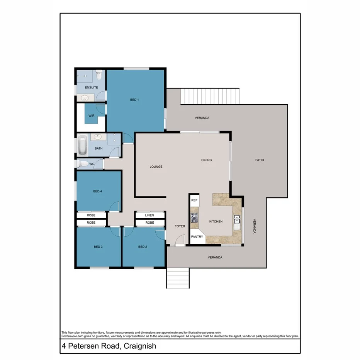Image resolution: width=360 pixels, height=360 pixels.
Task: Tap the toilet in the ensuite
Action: pyautogui.click(x=99, y=74)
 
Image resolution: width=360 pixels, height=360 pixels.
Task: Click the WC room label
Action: pyautogui.click(x=92, y=164)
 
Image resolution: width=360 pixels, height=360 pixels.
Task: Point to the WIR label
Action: pyautogui.click(x=92, y=115)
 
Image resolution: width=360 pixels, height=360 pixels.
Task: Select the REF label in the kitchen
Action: pyautogui.click(x=194, y=200)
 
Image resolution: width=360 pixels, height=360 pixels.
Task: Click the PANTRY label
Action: pyautogui.click(x=197, y=237)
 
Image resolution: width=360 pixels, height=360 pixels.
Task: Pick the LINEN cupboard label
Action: pyautogui.click(x=150, y=215)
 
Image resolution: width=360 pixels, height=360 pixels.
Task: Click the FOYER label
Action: pyautogui.click(x=180, y=226)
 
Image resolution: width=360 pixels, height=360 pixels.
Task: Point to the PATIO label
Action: pyautogui.click(x=259, y=160)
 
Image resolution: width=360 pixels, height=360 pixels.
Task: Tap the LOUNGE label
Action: pyautogui.click(x=156, y=167)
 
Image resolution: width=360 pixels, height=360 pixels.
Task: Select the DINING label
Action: pyautogui.click(x=207, y=160)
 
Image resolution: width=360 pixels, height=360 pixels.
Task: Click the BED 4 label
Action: pyautogui.click(x=98, y=191)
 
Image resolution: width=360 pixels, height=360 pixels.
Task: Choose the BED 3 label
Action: pyautogui.click(x=98, y=247)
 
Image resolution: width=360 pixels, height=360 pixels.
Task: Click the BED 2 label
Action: pyautogui.click(x=143, y=247)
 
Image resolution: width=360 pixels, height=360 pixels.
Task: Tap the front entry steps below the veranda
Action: pyautogui.click(x=178, y=278)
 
